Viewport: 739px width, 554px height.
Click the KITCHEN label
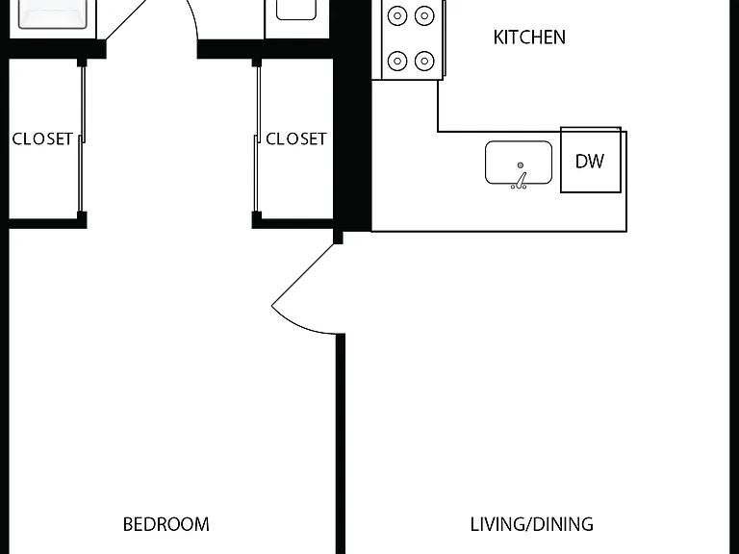tap(529, 38)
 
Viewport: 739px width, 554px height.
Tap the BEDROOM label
tap(166, 524)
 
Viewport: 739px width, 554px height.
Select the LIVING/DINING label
tap(531, 524)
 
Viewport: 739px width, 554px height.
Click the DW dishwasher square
tap(591, 160)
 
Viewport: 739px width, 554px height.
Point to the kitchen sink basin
tap(519, 162)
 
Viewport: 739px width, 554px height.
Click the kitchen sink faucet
tap(520, 182)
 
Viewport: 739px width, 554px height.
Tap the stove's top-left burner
tap(397, 16)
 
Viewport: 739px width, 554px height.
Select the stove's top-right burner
tap(424, 16)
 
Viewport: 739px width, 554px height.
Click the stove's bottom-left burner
tap(397, 61)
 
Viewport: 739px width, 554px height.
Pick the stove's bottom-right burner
tap(424, 61)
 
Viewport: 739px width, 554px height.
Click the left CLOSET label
tap(42, 138)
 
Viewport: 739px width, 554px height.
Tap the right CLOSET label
tap(296, 138)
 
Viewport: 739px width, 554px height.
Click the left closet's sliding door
tap(82, 138)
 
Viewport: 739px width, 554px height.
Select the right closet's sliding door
tap(257, 138)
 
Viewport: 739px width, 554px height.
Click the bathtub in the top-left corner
tap(52, 14)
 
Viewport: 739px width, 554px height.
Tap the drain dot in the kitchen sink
tap(521, 164)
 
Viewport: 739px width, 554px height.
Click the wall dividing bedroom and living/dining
tap(341, 443)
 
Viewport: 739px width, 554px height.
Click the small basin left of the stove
tap(296, 10)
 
